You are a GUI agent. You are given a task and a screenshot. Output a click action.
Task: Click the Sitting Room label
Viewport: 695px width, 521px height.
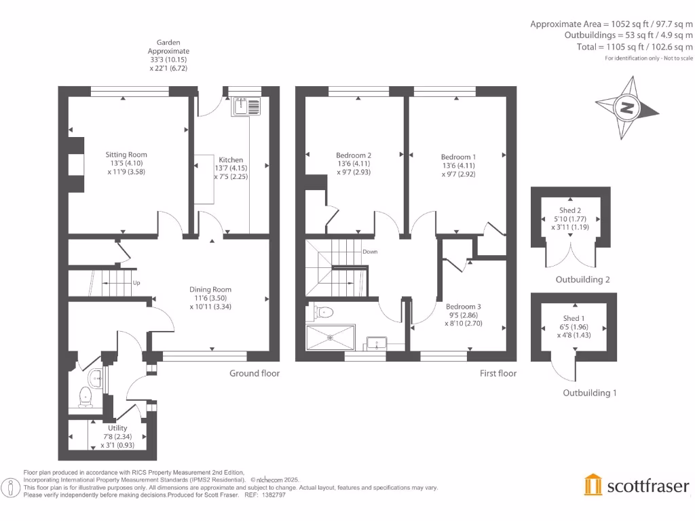point(126,155)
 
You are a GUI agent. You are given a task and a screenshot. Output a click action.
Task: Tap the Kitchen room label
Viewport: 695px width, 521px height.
point(231,160)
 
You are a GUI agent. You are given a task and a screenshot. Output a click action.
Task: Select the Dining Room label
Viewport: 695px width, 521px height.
point(210,290)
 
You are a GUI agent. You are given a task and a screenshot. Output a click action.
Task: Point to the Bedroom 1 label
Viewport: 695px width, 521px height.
point(458,157)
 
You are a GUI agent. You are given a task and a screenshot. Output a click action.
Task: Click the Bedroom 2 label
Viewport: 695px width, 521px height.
point(354,155)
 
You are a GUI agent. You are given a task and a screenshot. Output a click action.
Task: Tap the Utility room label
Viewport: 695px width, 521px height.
point(117,428)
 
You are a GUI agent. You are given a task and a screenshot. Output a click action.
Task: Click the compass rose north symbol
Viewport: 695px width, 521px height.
point(627,107)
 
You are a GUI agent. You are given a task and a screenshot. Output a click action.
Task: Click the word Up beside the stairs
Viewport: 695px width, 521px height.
point(136,282)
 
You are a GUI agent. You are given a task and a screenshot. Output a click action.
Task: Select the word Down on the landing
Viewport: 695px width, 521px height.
point(370,252)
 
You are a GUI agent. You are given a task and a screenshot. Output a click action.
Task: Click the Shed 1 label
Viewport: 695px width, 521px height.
point(572,318)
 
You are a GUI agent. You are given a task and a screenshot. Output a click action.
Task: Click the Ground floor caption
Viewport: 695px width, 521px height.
point(254,373)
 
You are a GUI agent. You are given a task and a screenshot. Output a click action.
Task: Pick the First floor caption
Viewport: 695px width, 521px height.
point(497,373)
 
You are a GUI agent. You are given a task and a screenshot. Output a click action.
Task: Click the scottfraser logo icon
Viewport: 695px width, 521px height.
point(593,485)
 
